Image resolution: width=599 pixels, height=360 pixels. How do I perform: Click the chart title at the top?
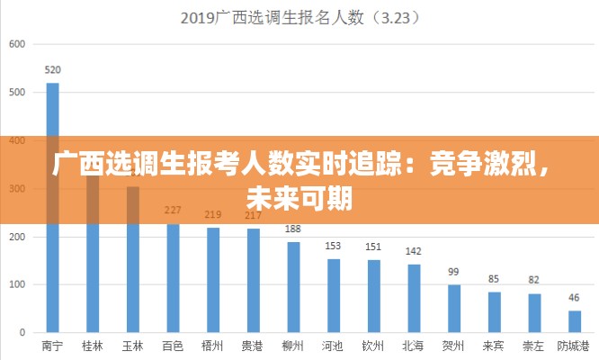point(300,17)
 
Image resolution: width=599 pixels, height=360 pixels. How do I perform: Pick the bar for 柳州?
point(293,287)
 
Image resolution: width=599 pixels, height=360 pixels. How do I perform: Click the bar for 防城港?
point(575,321)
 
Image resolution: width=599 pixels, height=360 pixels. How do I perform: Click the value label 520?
point(53,70)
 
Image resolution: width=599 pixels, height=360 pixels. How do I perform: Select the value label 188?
point(293,229)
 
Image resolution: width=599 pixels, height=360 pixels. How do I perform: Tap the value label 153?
point(334,246)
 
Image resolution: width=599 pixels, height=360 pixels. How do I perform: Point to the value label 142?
point(414,251)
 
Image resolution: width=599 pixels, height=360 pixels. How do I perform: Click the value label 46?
point(575,297)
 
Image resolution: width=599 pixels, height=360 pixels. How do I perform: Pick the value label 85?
point(494,279)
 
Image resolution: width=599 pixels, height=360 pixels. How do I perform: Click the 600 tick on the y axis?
point(18,43)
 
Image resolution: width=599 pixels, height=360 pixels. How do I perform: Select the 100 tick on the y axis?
point(18,284)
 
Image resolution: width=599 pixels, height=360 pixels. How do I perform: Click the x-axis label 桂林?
point(93,346)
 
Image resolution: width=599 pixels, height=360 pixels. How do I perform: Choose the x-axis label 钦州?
point(373,346)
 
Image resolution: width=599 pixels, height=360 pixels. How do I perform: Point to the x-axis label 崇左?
point(533,346)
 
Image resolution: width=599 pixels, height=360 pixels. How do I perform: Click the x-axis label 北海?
point(414,346)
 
